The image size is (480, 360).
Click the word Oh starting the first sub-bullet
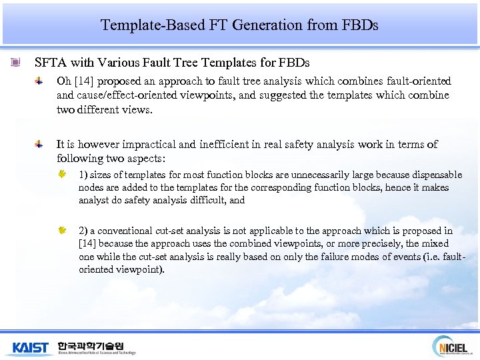(x=63, y=81)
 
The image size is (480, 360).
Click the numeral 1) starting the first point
(x=83, y=175)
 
